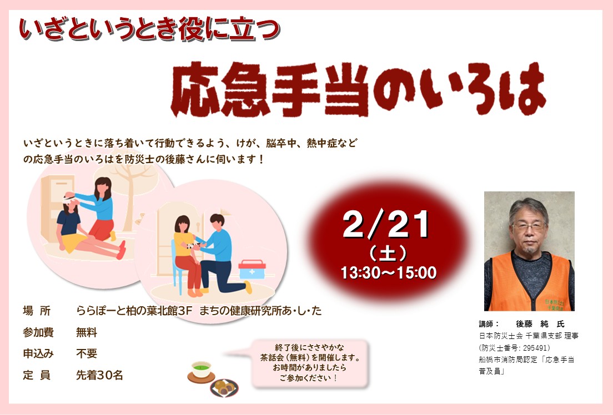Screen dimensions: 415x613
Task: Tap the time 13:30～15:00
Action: click(x=388, y=272)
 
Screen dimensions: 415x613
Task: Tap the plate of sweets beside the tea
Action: click(x=224, y=387)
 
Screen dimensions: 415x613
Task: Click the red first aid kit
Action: click(x=252, y=270)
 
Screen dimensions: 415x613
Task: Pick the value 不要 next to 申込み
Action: click(x=87, y=353)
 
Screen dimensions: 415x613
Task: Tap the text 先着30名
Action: click(x=100, y=374)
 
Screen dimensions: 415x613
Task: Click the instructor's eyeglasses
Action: click(x=529, y=226)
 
